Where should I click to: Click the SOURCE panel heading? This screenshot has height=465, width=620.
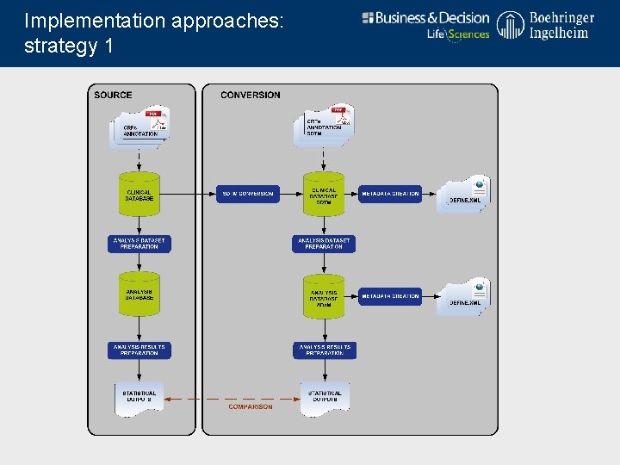(x=113, y=95)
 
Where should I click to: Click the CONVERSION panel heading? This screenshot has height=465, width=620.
(x=250, y=95)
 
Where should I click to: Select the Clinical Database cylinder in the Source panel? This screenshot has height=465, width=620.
(x=139, y=194)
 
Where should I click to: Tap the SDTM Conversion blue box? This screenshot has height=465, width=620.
(x=247, y=194)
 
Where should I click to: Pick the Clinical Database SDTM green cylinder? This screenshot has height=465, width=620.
(x=324, y=195)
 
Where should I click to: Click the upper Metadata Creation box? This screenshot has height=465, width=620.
(x=390, y=194)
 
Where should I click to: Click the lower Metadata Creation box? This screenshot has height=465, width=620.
(x=390, y=296)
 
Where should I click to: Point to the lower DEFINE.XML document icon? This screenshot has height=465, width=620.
(x=465, y=295)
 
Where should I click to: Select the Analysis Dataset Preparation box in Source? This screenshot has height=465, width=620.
(x=139, y=244)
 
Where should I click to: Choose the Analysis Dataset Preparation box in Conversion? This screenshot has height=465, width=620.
(x=324, y=244)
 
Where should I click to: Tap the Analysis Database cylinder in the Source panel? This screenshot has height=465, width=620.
(x=139, y=294)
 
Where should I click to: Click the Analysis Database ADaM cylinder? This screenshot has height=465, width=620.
(x=324, y=296)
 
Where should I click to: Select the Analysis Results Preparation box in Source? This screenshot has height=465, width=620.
(x=139, y=350)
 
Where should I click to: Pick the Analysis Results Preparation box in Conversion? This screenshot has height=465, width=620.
(x=324, y=350)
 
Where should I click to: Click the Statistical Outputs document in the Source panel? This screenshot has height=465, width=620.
(x=139, y=397)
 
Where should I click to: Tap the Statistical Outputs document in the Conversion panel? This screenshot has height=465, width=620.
(x=325, y=397)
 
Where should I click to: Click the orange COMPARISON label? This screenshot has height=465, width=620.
(x=251, y=406)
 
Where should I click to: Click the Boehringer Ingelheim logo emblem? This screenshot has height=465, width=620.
(x=510, y=25)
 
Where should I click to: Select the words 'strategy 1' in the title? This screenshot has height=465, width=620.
(x=69, y=46)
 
